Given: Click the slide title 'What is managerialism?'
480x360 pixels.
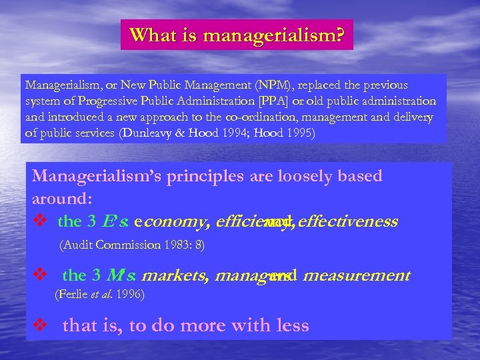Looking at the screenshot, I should [237, 35].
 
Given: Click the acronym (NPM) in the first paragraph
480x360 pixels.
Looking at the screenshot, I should [285, 85].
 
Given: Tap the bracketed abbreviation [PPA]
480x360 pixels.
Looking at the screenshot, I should [285, 101].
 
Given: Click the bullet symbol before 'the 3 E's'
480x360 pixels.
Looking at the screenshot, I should [41, 221].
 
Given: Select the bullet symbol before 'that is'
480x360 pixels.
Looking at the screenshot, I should [41, 326].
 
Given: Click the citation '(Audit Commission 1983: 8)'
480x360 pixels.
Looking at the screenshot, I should [132, 245].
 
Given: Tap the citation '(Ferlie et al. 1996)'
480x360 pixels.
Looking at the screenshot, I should [99, 293].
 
